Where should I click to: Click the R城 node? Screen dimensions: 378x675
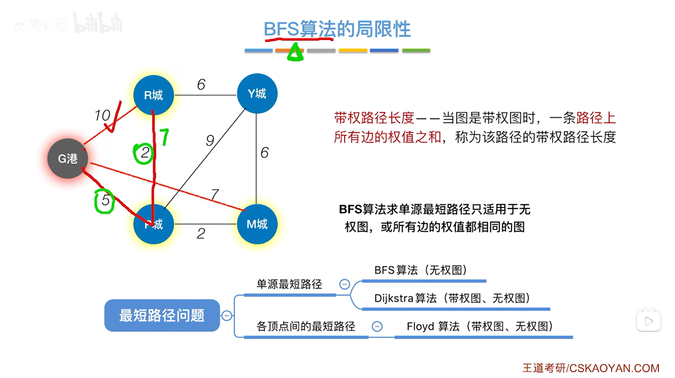tap(154, 95)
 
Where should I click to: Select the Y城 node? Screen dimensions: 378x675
tap(257, 94)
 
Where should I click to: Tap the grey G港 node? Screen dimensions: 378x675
tap(68, 159)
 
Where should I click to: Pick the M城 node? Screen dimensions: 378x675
tap(257, 224)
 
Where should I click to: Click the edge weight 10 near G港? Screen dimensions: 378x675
tap(102, 115)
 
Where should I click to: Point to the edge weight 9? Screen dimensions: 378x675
tap(210, 141)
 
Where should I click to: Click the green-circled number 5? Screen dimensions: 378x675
tap(105, 201)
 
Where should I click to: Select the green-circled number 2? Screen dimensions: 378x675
tap(144, 153)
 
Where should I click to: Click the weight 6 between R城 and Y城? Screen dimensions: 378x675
tap(201, 84)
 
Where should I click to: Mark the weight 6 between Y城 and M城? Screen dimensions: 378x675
tap(264, 153)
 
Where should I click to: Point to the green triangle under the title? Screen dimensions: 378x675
tap(295, 52)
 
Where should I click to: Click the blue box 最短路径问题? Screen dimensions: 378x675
tap(162, 315)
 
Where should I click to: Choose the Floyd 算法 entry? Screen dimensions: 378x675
tap(479, 326)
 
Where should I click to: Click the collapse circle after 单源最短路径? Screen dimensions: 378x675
tap(345, 284)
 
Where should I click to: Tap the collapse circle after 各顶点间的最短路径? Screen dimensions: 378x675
tap(377, 326)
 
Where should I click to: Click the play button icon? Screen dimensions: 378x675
tap(648, 321)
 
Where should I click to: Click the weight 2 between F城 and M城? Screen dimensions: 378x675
tap(201, 234)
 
